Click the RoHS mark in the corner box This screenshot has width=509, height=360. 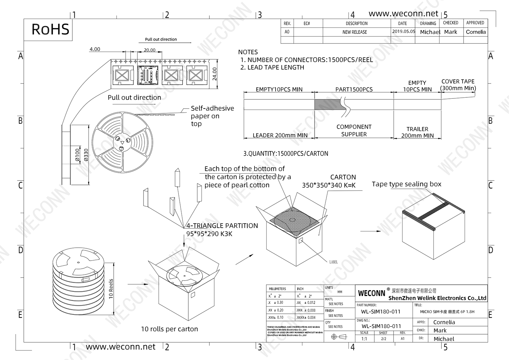point(50,30)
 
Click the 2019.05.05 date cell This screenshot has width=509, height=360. point(403,32)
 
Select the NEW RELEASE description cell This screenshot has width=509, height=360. point(355,32)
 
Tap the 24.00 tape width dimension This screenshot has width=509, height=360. point(214,74)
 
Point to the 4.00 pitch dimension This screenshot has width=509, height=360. point(95,50)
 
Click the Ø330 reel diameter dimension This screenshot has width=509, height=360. point(86,155)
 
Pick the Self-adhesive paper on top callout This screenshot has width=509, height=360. point(212,116)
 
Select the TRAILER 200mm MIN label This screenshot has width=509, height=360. point(417,132)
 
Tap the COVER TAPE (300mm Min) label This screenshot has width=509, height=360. point(458,85)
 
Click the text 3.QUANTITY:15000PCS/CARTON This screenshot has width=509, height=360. point(285,154)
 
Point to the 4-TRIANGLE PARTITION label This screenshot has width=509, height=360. point(222,226)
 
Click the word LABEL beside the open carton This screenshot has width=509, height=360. point(334,262)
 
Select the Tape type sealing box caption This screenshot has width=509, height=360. point(407,184)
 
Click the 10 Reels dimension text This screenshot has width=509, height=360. point(111,288)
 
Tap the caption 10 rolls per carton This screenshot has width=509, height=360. point(169,329)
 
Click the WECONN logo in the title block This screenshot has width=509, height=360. point(372,293)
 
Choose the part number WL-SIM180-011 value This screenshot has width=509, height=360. point(381,312)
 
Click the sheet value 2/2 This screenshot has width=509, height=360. point(383,339)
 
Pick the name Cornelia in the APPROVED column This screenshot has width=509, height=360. point(476,32)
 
